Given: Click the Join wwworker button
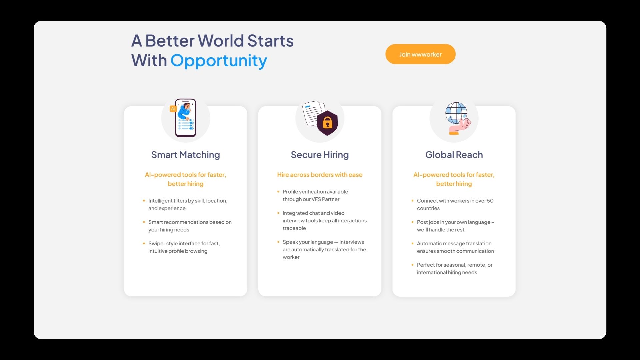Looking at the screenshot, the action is pos(420,54).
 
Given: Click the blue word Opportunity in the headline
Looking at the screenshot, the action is pos(219,61).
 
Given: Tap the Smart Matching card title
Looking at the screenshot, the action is pos(186,155).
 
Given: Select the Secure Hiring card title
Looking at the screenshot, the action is pos(320,155).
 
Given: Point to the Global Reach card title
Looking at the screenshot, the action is pos(454,155).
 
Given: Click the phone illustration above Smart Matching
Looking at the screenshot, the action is pos(186,118).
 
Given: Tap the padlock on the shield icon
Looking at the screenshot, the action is pos(327,123).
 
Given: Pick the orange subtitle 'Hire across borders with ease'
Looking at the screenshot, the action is pos(320,175).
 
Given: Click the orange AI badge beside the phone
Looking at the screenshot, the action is pos(173,109).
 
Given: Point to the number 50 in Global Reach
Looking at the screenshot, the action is pos(490,201).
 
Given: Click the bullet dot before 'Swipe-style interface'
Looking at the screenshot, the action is pos(144,243).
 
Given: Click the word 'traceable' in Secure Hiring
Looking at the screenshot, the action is pos(294,228).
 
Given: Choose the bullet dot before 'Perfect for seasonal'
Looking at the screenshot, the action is pos(412,265).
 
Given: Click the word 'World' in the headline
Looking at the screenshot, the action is pos(221,41).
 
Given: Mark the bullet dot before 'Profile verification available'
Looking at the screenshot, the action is pos(278,191).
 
